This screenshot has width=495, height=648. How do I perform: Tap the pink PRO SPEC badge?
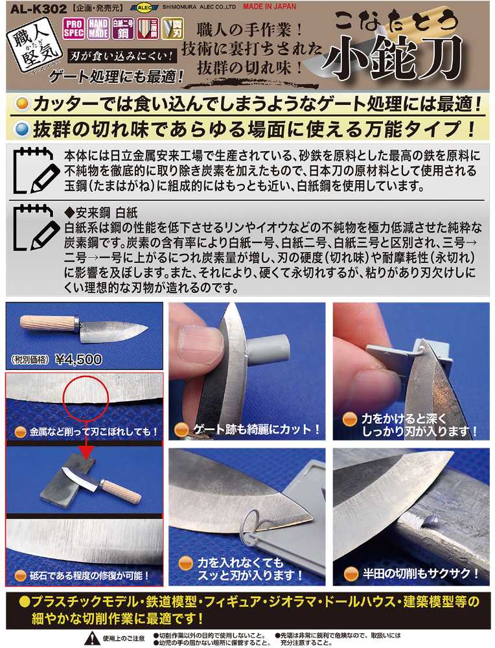pyautogui.click(x=74, y=29)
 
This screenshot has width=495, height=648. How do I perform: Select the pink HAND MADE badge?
pyautogui.click(x=98, y=29)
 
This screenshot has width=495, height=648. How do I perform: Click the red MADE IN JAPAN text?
pyautogui.click(x=270, y=6)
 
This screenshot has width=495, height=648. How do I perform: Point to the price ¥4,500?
pyautogui.click(x=78, y=360)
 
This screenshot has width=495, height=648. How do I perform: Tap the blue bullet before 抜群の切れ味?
pyautogui.click(x=21, y=130)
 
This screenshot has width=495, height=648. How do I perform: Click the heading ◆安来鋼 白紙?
pyautogui.click(x=101, y=213)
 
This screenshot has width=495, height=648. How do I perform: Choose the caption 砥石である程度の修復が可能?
pyautogui.click(x=89, y=575)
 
